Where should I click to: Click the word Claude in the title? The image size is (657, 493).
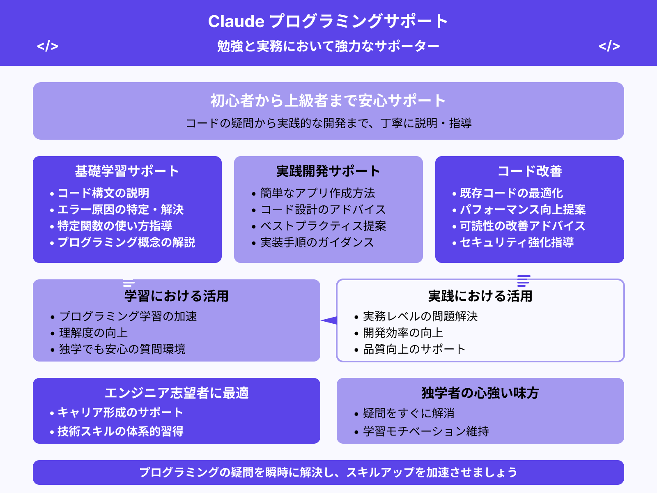(x=236, y=21)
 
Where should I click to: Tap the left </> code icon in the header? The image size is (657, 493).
(x=48, y=46)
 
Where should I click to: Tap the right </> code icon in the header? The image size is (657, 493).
(x=609, y=46)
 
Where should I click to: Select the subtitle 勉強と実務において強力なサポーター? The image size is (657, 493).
(x=328, y=46)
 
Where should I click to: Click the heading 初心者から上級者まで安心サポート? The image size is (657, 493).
(x=328, y=101)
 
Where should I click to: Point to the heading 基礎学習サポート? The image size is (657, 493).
(x=127, y=171)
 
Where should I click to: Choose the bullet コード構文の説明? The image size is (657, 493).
(x=103, y=193)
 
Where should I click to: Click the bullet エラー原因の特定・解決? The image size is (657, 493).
(x=120, y=210)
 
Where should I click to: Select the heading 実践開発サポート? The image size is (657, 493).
(x=328, y=171)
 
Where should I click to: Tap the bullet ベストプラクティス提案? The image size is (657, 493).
(x=323, y=226)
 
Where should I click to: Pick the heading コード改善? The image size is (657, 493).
(x=530, y=171)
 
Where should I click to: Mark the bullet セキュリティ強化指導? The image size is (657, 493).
(x=517, y=242)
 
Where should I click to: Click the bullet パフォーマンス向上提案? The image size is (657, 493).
(x=522, y=210)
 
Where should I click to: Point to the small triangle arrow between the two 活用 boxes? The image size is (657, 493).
(x=329, y=320)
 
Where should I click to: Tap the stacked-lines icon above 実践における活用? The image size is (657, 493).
(x=524, y=281)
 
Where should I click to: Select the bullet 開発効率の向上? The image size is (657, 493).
(x=403, y=333)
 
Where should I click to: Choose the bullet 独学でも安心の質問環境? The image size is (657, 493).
(x=122, y=349)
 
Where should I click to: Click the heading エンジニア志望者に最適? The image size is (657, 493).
(x=177, y=393)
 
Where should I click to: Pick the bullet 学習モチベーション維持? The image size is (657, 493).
(x=426, y=431)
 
